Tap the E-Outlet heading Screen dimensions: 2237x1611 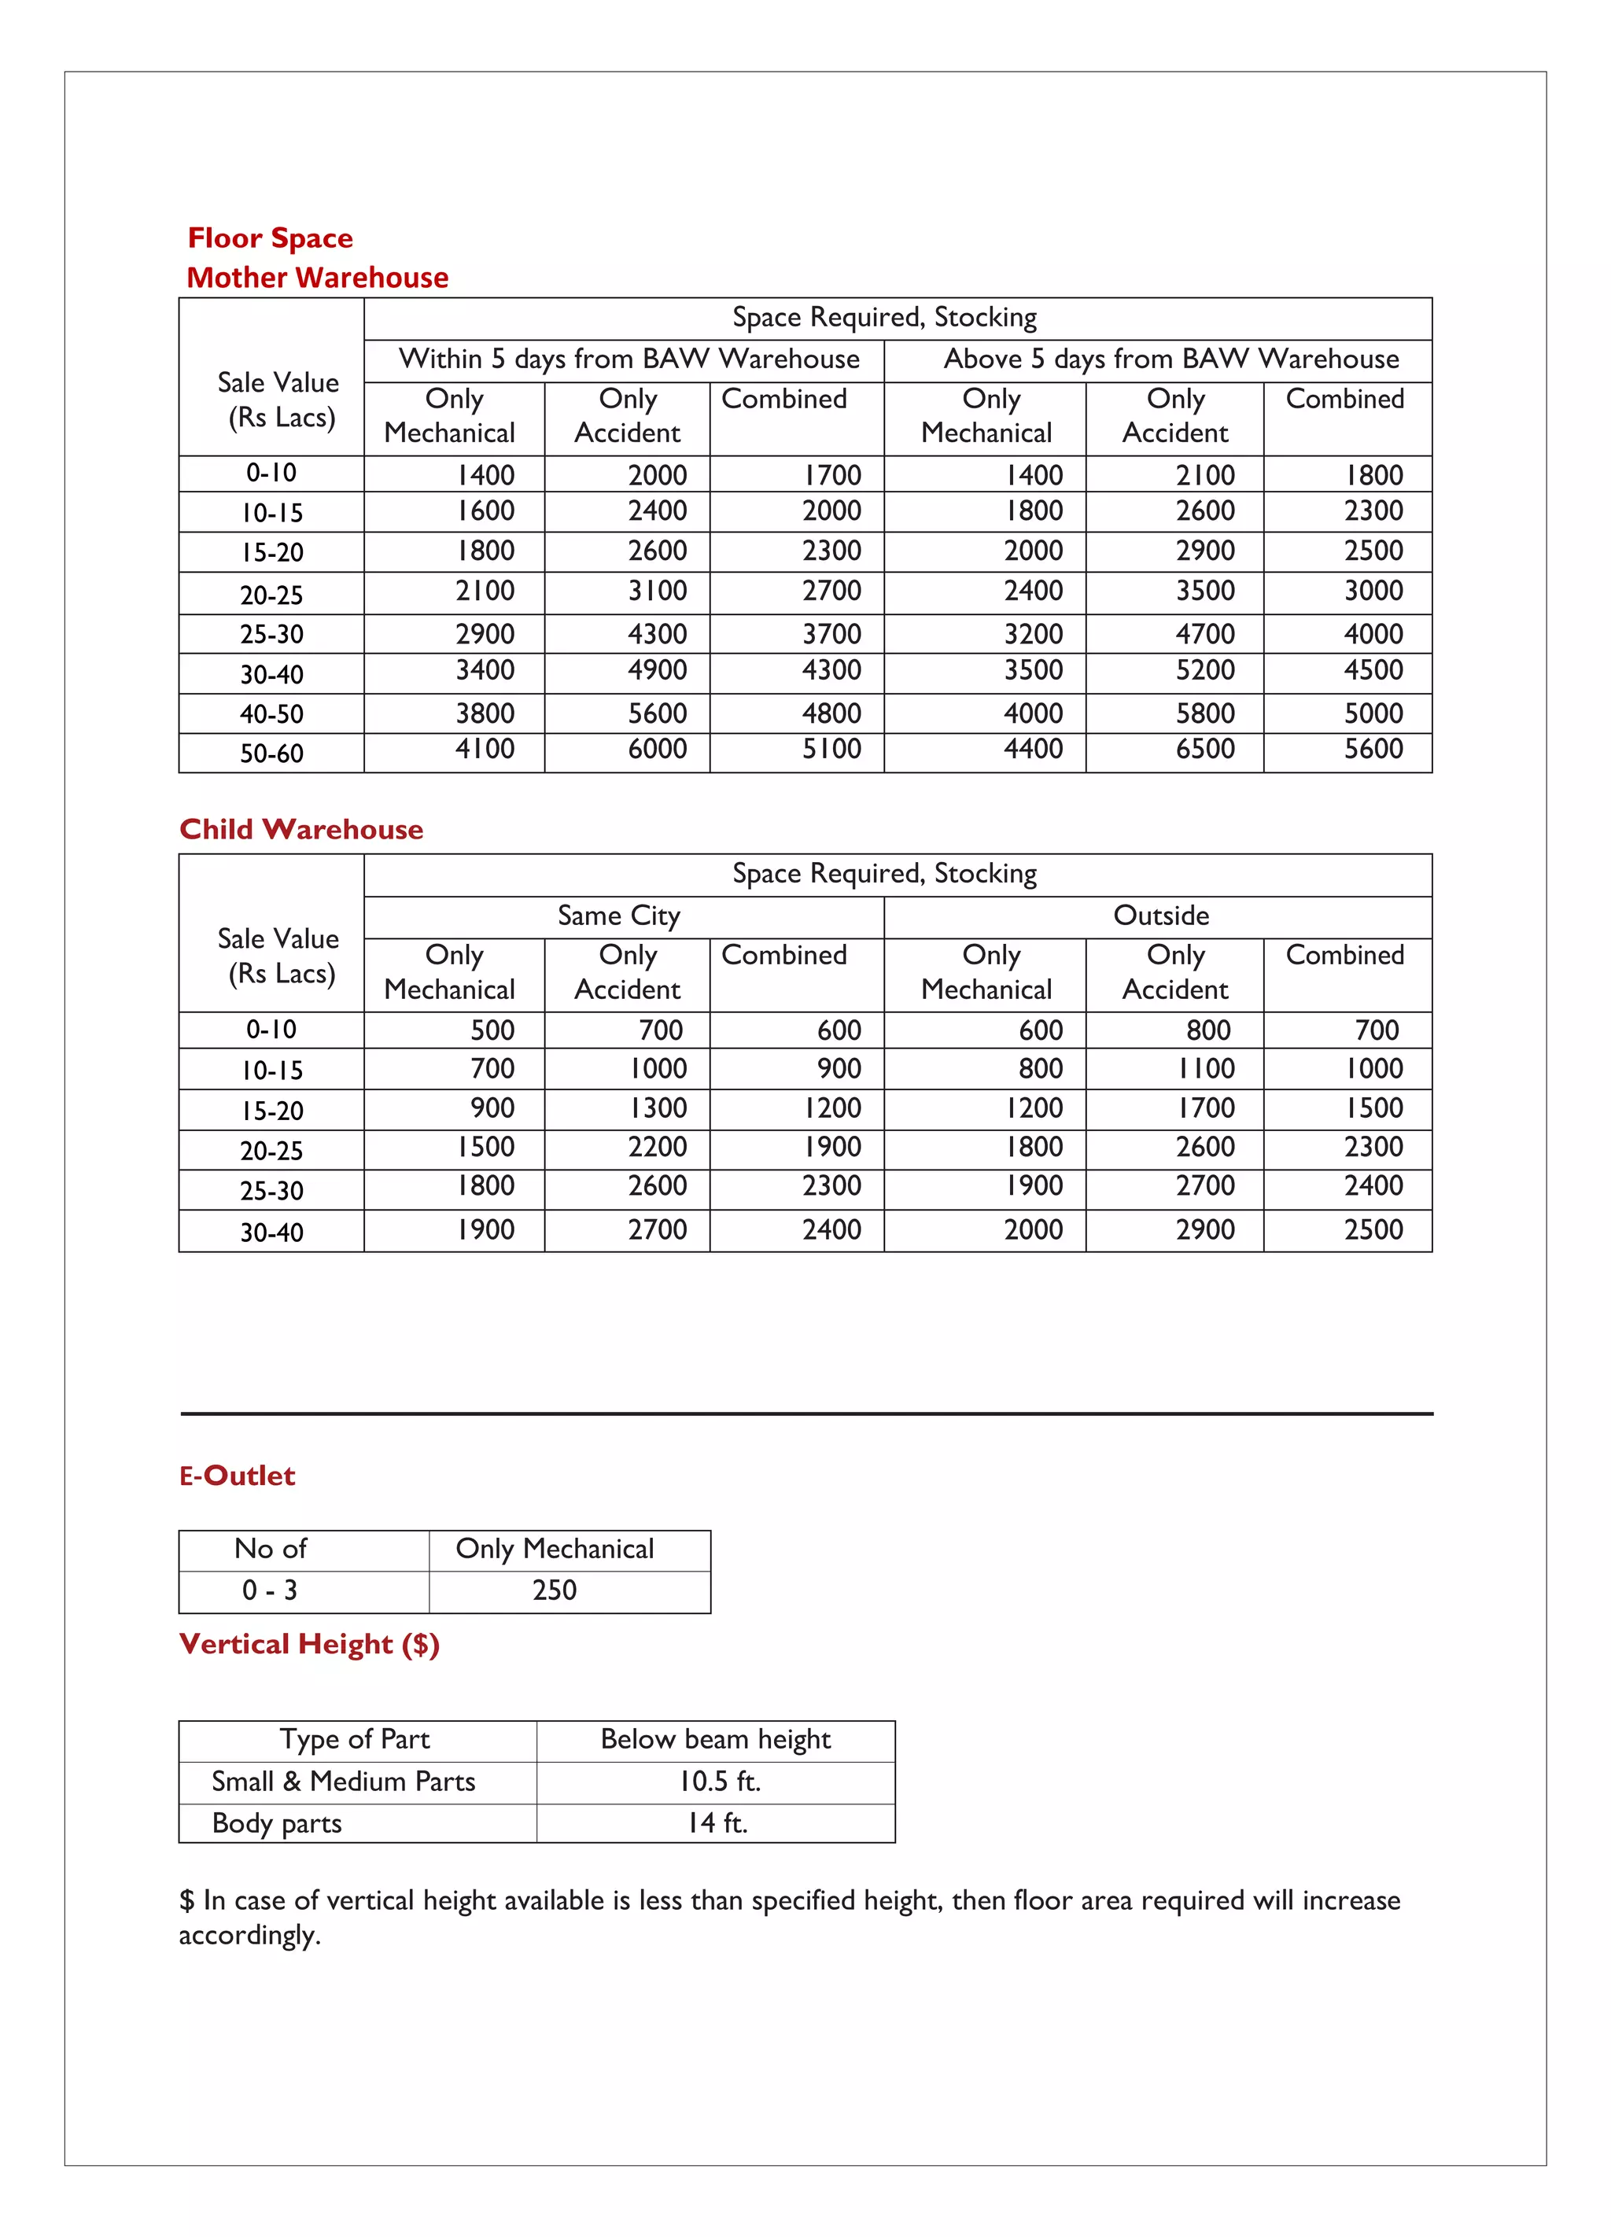[x=237, y=1476]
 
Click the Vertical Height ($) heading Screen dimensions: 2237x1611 [x=309, y=1644]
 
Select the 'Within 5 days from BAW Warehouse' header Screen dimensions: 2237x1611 [x=629, y=359]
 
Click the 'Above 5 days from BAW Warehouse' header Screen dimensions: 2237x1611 [x=1171, y=359]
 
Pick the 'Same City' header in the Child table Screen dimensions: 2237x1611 [x=618, y=916]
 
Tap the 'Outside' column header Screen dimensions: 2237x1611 [x=1161, y=916]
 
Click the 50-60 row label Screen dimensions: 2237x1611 [x=271, y=754]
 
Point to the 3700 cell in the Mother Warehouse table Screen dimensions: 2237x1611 [x=831, y=634]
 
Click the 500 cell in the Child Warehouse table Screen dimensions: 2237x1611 [x=492, y=1030]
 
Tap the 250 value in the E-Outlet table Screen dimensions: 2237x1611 [x=555, y=1590]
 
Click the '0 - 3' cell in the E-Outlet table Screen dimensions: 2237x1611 [x=269, y=1590]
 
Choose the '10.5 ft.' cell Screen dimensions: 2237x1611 [x=719, y=1782]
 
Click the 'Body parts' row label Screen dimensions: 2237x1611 [x=276, y=1822]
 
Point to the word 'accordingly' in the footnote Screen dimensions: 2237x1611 [x=249, y=1935]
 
